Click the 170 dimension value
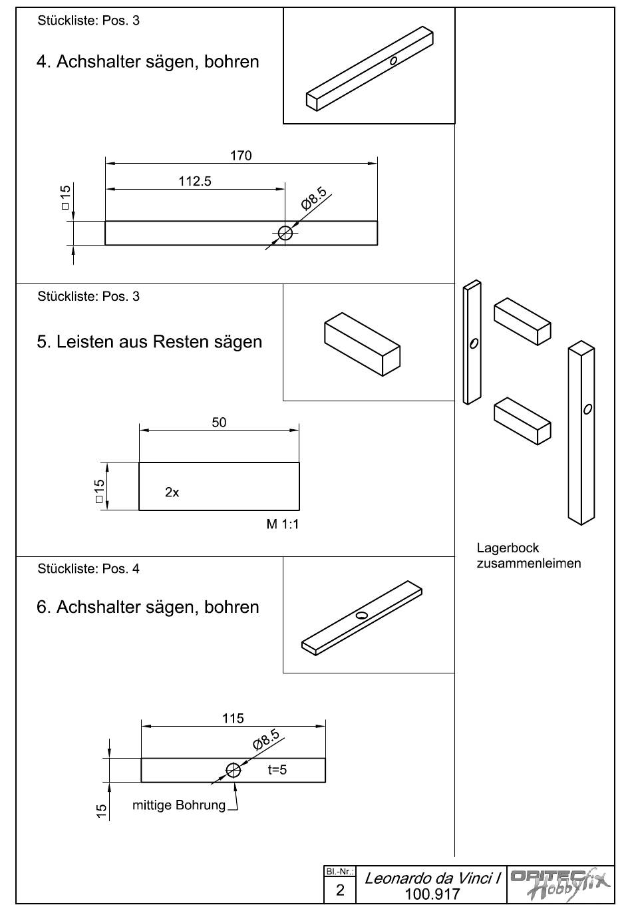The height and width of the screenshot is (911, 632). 241,155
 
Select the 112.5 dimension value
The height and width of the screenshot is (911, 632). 195,181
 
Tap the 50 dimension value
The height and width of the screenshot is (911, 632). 219,423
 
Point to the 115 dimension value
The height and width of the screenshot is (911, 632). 233,719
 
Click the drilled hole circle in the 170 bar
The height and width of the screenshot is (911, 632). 285,233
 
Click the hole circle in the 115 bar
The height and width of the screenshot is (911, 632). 233,770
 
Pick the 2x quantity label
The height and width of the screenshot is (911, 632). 172,492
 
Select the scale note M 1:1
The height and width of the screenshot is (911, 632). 283,524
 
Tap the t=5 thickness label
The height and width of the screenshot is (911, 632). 277,770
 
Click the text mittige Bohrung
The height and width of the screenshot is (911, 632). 179,805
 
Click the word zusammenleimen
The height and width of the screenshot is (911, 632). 529,564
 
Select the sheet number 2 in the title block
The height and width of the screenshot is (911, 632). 340,890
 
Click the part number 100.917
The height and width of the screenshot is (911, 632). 432,894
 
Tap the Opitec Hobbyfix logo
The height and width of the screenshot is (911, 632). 560,884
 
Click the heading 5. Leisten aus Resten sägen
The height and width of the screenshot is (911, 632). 150,342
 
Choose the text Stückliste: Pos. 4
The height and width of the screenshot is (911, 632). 88,569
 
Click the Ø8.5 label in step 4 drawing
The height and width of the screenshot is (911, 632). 315,198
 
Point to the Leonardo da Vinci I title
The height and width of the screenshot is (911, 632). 432,878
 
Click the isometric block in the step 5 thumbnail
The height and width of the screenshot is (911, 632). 362,344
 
